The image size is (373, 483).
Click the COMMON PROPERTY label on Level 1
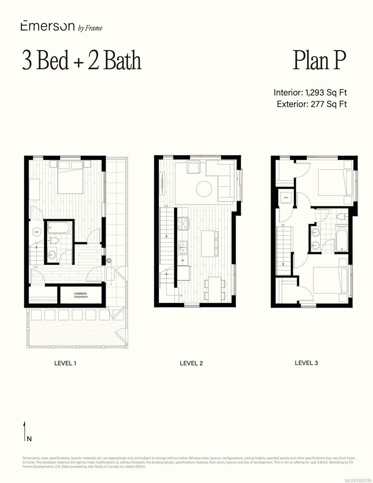80,295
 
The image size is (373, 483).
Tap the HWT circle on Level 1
37,232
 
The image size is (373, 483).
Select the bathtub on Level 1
59,228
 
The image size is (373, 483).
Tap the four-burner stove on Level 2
183,223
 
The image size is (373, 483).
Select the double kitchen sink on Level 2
183,248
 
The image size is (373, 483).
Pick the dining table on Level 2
214,289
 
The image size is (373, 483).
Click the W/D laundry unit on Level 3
286,198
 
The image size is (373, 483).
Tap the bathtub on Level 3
341,239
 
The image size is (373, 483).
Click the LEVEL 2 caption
191,363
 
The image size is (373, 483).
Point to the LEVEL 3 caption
306,363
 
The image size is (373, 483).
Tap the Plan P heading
319,60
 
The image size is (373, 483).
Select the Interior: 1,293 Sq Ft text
310,93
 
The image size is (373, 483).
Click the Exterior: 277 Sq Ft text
312,104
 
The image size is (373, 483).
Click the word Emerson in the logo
47,27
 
